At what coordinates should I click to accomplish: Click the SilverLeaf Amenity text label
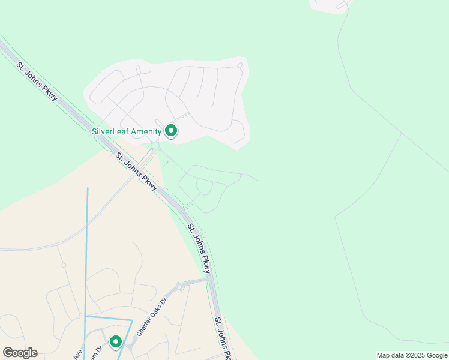click(127, 131)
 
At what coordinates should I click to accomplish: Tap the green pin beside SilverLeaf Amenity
click(171, 130)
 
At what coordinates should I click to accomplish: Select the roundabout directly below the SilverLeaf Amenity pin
click(155, 146)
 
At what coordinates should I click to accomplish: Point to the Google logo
click(20, 352)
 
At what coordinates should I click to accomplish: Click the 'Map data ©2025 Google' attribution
click(412, 355)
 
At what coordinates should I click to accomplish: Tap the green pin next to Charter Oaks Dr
click(116, 341)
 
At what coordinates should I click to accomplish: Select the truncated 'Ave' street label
click(77, 355)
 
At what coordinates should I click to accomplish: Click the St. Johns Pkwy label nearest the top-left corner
click(38, 82)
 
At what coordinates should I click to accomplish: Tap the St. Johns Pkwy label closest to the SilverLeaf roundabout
click(137, 172)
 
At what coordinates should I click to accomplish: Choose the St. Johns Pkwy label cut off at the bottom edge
click(223, 339)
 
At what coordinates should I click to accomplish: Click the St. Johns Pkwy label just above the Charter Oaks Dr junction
click(199, 248)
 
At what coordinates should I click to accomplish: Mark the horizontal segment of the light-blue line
click(109, 316)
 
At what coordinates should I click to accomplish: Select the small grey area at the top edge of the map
click(330, 5)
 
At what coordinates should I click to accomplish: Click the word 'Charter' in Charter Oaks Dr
click(144, 324)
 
